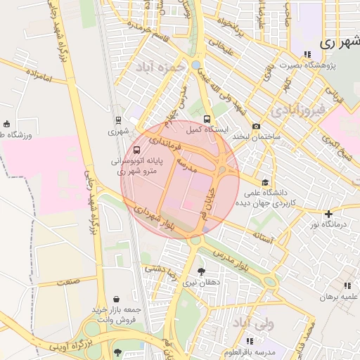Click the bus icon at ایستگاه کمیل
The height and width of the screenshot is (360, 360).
tap(207, 119)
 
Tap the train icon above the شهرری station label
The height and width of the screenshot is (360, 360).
tap(118, 120)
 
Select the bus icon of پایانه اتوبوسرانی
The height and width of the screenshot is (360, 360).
tap(136, 150)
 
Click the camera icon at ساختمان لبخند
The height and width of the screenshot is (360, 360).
tap(256, 126)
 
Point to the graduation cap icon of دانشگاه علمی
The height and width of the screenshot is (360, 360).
tap(265, 181)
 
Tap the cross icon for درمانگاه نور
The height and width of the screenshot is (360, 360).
tap(328, 214)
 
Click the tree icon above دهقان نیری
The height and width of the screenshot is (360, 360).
tap(202, 271)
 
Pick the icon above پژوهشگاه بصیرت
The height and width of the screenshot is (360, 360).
tap(307, 54)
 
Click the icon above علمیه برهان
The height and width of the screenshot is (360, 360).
tap(347, 285)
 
